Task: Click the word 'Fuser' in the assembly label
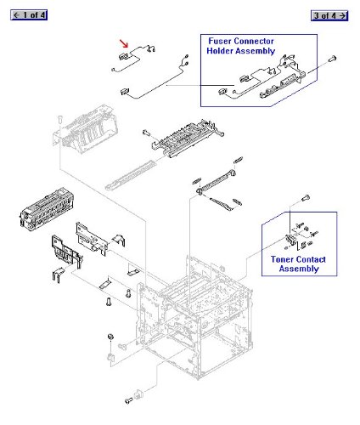coord(225,40)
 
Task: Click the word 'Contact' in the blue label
coord(314,259)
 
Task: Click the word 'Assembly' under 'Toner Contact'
coord(299,269)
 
